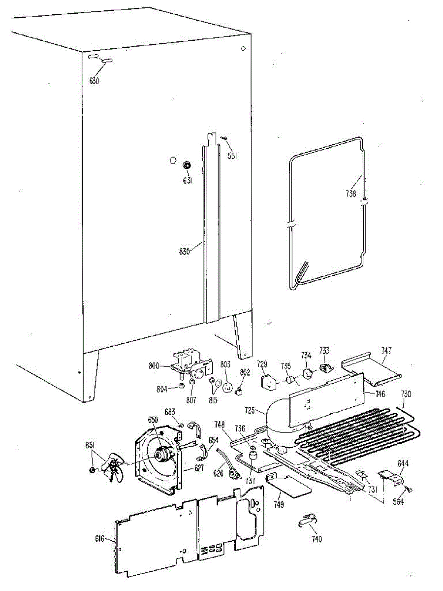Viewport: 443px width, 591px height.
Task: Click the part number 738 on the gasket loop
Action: pos(350,194)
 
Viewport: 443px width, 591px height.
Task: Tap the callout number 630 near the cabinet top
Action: pos(94,81)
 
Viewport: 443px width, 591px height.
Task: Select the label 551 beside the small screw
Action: pos(232,156)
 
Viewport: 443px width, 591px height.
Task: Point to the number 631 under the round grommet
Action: pos(188,181)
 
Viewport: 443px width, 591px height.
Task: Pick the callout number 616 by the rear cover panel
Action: pos(99,539)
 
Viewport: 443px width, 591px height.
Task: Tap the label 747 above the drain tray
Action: pos(387,351)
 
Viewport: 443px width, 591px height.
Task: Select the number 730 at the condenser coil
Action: pos(406,394)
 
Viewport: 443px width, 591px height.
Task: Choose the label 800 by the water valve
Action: pos(155,365)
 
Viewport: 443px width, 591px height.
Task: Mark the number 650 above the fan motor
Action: pos(153,419)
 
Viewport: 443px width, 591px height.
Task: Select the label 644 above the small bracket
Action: pos(403,463)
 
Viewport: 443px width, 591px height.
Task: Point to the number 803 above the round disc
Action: pos(225,364)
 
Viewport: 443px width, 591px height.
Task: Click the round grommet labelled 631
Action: pos(188,165)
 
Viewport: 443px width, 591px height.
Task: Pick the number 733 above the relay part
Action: pos(324,351)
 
